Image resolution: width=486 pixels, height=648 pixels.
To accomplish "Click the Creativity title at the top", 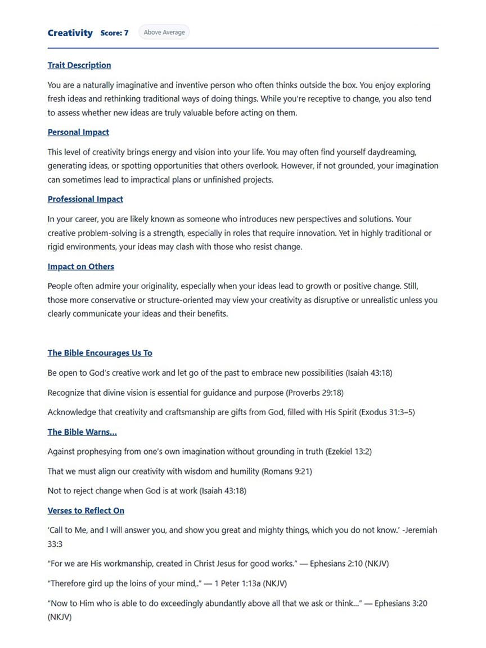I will point(70,33).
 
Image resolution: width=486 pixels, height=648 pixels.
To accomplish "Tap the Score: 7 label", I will point(114,33).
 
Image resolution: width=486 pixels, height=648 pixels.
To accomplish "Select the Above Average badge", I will point(164,32).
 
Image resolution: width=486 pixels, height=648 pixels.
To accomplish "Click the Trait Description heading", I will point(79,65).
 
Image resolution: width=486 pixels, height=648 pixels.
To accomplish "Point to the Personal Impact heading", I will point(78,132).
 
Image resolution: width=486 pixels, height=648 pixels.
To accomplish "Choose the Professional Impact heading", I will point(85,199).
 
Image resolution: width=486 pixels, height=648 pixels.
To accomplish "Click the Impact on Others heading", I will point(80,267).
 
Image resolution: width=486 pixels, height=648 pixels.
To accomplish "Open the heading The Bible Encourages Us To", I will point(100,353).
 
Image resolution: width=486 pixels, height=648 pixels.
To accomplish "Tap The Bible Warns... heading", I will point(82,432).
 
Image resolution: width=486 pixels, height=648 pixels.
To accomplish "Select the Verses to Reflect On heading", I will point(85,511).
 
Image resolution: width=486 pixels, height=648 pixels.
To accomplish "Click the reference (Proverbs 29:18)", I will point(314,393).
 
